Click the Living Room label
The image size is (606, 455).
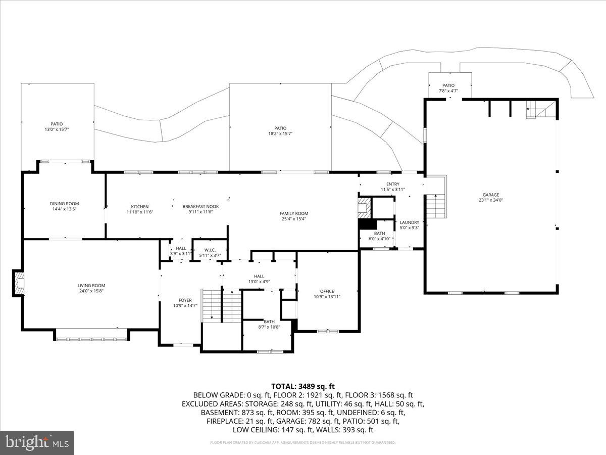click(x=91, y=286)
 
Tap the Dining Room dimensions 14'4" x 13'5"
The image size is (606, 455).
click(x=65, y=209)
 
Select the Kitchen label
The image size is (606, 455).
click(x=140, y=206)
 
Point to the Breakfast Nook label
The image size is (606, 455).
click(x=200, y=206)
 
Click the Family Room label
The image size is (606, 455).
click(x=294, y=213)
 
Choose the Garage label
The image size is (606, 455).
click(x=490, y=195)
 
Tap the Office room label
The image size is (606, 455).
click(x=327, y=291)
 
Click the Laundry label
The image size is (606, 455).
click(x=410, y=222)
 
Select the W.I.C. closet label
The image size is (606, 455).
click(x=210, y=250)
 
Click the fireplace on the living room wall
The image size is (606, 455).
click(x=19, y=283)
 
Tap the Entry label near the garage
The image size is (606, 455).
click(x=393, y=184)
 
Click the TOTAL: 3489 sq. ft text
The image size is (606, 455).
click(x=303, y=386)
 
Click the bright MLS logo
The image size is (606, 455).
click(x=36, y=443)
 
